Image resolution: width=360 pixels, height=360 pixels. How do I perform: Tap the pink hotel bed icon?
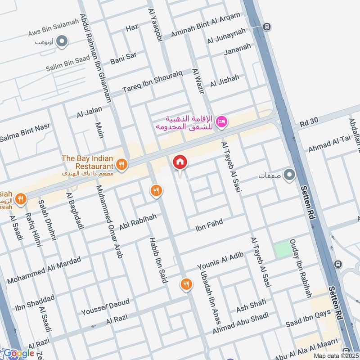[222, 121]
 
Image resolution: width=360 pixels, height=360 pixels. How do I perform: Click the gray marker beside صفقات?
[289, 174]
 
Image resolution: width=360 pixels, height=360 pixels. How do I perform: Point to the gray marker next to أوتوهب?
[62, 42]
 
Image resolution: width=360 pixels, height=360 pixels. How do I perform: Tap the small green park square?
[283, 249]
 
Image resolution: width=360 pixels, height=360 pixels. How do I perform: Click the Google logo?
[19, 353]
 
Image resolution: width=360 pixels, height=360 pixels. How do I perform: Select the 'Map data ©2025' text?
[335, 355]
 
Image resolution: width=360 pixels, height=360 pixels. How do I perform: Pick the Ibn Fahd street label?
[209, 225]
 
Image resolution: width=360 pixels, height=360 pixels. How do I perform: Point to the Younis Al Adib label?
[220, 261]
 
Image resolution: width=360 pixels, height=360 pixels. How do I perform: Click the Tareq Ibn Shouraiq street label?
[153, 81]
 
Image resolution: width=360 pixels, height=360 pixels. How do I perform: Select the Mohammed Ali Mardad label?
[44, 270]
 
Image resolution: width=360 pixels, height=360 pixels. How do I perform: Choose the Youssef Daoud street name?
[105, 306]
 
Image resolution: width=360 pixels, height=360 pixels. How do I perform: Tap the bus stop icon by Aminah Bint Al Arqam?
[267, 27]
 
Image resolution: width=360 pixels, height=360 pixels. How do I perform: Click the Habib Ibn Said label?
[158, 260]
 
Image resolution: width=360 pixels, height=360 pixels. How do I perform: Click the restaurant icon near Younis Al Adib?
[185, 284]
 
